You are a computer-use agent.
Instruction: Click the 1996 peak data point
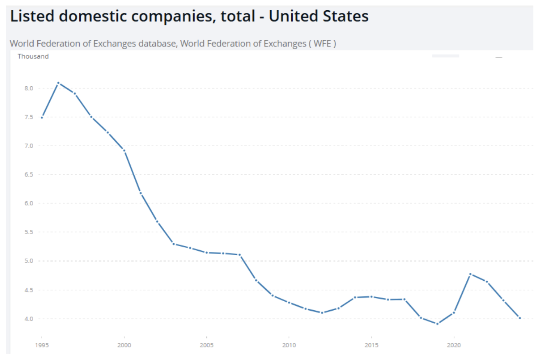[x=58, y=83]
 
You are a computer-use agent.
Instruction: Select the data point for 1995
[x=42, y=118]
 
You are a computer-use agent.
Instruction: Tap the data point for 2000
[x=124, y=150]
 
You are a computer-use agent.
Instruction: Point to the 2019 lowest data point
[x=437, y=324]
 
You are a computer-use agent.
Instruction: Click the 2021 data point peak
[x=470, y=274]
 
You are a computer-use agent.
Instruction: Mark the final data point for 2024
[x=520, y=318]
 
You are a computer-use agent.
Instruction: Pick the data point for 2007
[x=239, y=255]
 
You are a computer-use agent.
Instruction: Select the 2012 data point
[x=322, y=313]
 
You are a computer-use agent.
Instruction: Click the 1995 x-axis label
[x=41, y=345]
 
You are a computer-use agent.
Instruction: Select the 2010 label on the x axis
[x=289, y=345]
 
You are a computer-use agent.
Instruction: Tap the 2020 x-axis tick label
[x=454, y=345]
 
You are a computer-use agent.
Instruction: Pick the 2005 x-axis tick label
[x=206, y=345]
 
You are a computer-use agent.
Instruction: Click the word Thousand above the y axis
[x=33, y=57]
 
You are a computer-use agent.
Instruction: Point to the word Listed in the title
[x=33, y=16]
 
